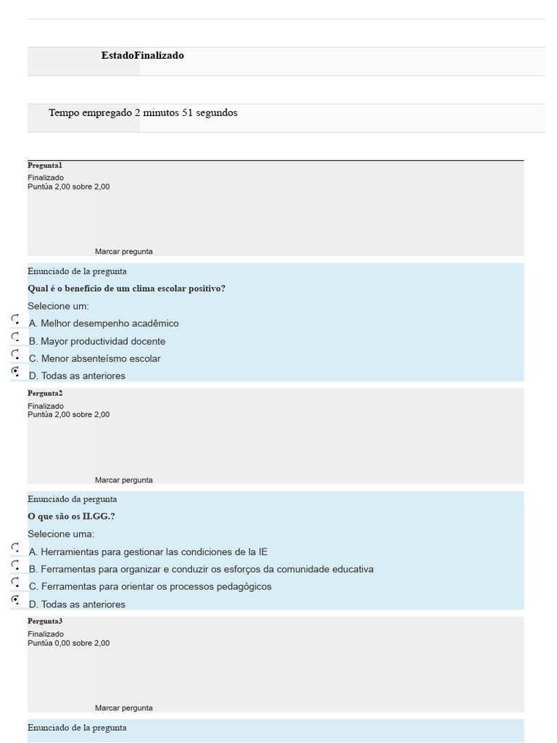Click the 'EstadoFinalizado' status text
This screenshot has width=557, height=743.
tap(142, 56)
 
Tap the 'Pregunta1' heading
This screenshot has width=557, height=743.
tap(45, 165)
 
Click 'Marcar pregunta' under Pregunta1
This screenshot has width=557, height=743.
tap(123, 252)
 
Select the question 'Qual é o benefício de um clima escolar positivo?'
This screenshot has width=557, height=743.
tap(126, 289)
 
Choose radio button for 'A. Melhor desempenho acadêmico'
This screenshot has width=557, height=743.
tap(15, 319)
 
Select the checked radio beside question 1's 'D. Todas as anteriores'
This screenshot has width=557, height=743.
tap(15, 371)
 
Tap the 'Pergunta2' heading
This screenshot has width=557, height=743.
tap(45, 393)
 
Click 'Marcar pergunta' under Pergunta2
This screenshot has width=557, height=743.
tap(123, 480)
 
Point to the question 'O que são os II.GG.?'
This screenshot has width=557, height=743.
tap(71, 517)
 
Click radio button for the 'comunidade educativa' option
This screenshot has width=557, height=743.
tap(15, 565)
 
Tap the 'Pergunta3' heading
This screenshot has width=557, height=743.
tap(45, 622)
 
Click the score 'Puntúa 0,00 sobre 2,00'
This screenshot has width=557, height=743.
tap(69, 643)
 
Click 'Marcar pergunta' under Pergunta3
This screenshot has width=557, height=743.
tap(123, 708)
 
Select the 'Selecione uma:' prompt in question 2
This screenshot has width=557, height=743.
tap(61, 534)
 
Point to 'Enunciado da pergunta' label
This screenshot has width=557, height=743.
tap(72, 499)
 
